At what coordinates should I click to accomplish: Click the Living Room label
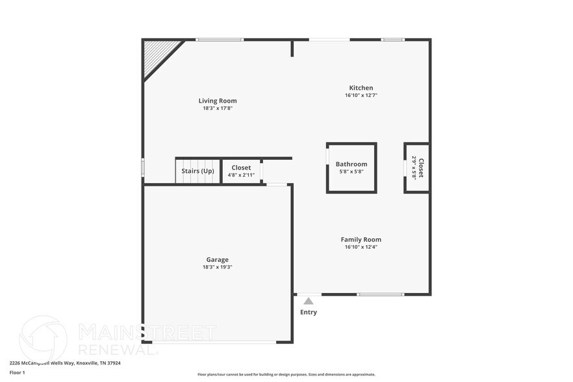[x=218, y=101]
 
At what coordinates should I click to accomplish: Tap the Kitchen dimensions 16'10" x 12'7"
[x=361, y=96]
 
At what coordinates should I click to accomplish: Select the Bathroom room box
[x=351, y=168]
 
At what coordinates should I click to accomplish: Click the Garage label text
[x=218, y=260]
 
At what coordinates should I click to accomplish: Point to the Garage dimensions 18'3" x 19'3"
[x=218, y=267]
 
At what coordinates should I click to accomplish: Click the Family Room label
[x=361, y=239]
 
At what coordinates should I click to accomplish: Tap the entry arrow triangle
[x=309, y=301]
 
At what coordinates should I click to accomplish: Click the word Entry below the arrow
[x=309, y=312]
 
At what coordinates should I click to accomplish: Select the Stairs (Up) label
[x=198, y=171]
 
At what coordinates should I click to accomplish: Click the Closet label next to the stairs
[x=241, y=168]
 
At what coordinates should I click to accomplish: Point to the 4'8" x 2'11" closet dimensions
[x=241, y=175]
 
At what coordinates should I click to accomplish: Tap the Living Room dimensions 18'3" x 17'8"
[x=218, y=108]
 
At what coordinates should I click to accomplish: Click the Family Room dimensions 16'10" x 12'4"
[x=361, y=247]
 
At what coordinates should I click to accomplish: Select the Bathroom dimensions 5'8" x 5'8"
[x=351, y=172]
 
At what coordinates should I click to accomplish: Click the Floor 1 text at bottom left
[x=18, y=372]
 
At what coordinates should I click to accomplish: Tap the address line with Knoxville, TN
[x=65, y=363]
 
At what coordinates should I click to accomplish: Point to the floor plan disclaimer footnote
[x=286, y=374]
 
